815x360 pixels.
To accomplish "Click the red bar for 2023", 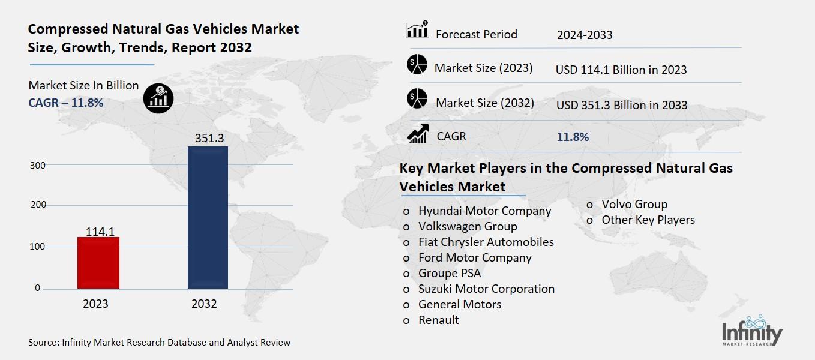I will point(98,262).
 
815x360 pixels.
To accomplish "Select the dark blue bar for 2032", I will point(208,217).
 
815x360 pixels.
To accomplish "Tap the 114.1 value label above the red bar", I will point(100,230).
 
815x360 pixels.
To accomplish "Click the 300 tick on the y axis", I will point(38,164).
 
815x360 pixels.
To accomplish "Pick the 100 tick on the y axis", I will point(38,247).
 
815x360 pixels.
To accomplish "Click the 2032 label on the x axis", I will point(204,304).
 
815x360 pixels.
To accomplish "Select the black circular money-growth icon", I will point(159,97).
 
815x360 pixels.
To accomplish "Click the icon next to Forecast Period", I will point(417,30).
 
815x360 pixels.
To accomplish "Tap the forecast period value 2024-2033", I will point(584,35).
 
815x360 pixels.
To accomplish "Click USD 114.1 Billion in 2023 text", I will point(621,70).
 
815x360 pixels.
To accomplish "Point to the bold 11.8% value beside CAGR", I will point(573,137).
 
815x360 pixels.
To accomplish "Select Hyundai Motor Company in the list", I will point(484,211).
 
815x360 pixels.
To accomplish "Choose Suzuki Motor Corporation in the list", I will point(486,289).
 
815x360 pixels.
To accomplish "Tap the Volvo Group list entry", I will point(634,204).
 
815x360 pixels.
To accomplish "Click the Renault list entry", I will point(438,320).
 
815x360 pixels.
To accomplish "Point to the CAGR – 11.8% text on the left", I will point(66,103).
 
